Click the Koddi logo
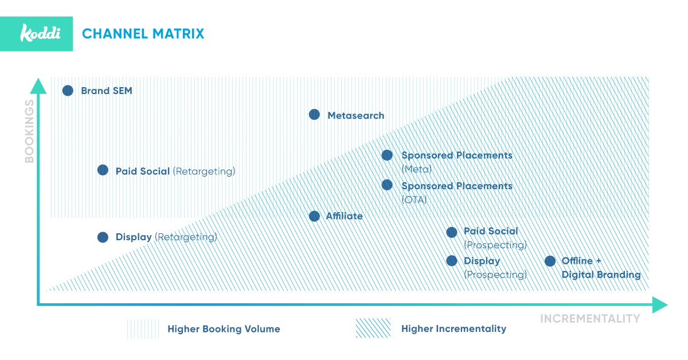40,33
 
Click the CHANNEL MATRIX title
143,34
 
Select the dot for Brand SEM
68,91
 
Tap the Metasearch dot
314,115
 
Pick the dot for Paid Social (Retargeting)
103,170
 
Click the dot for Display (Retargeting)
103,237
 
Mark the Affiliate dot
314,216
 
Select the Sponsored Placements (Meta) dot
387,155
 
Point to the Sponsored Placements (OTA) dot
387,185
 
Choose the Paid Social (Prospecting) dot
452,232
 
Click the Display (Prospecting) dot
452,261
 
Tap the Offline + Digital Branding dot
550,261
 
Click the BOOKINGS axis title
29,131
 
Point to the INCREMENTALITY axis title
590,319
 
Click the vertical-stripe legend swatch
143,328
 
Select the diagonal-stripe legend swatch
373,328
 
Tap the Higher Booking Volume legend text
224,329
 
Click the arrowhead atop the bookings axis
38,86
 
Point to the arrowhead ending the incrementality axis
660,305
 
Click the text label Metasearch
355,115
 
